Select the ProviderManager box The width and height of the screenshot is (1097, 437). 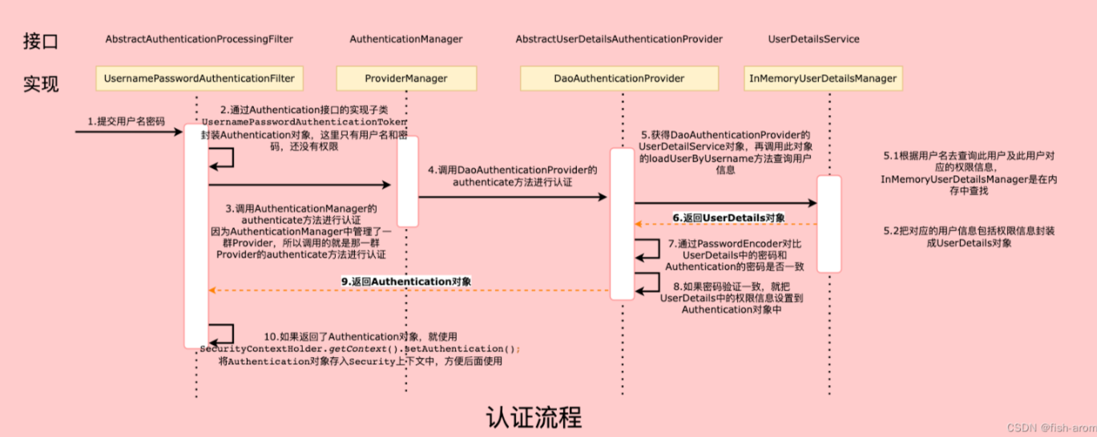[x=406, y=78]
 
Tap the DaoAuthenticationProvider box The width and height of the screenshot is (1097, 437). [x=619, y=78]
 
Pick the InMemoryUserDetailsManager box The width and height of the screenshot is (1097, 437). [x=823, y=78]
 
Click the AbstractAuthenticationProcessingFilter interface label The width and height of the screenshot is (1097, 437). [x=200, y=39]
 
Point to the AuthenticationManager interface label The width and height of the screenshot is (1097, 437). [x=406, y=39]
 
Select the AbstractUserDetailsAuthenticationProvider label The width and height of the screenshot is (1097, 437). [x=619, y=39]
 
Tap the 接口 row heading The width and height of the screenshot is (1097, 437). [x=40, y=41]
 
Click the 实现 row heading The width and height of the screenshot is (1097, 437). [x=40, y=82]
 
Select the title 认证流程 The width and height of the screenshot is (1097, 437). [x=534, y=417]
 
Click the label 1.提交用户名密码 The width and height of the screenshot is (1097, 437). [x=127, y=122]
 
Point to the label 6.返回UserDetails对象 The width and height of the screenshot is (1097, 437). [x=728, y=218]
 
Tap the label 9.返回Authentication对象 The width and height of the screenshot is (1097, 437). [x=406, y=282]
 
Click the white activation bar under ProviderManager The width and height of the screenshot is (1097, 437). [x=408, y=181]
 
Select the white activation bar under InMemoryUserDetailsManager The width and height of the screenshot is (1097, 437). [x=829, y=224]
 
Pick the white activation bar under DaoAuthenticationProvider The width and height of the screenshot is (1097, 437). [x=622, y=224]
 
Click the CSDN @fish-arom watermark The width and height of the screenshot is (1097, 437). [x=1048, y=427]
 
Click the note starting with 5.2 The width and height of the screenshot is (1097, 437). [x=969, y=236]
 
